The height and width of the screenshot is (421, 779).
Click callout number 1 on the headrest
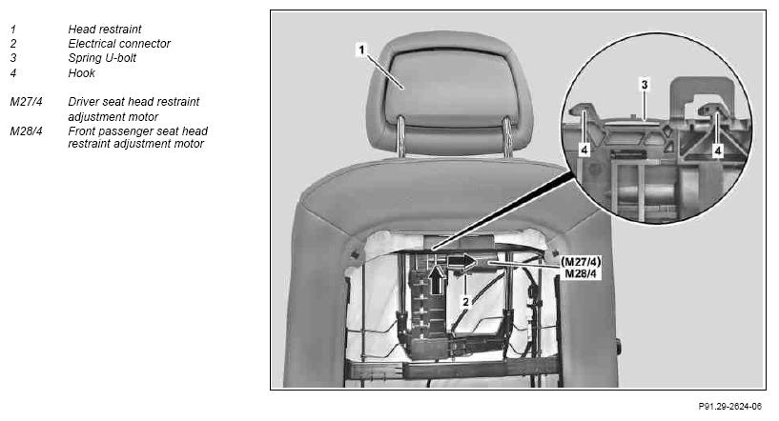click(361, 50)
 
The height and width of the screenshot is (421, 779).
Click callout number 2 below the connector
click(465, 301)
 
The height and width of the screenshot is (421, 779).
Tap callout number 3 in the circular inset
click(645, 85)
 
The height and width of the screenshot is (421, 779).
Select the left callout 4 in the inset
click(584, 150)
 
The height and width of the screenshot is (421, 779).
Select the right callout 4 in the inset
click(717, 150)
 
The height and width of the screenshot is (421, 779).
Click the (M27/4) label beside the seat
click(581, 262)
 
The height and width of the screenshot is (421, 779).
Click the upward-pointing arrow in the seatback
click(437, 280)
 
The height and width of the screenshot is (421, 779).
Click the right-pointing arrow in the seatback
click(462, 261)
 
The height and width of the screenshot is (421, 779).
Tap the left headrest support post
click(400, 136)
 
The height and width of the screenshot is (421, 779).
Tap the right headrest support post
click(507, 136)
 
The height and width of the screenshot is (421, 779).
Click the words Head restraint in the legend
click(105, 30)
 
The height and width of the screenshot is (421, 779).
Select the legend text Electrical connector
click(119, 44)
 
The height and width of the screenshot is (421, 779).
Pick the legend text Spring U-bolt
click(102, 58)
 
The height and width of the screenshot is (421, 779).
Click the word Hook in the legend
click(81, 73)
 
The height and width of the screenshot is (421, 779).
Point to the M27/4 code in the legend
click(27, 102)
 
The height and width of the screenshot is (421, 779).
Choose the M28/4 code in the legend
click(27, 131)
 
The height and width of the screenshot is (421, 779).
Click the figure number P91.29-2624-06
click(729, 407)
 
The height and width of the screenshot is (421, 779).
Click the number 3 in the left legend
click(13, 58)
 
